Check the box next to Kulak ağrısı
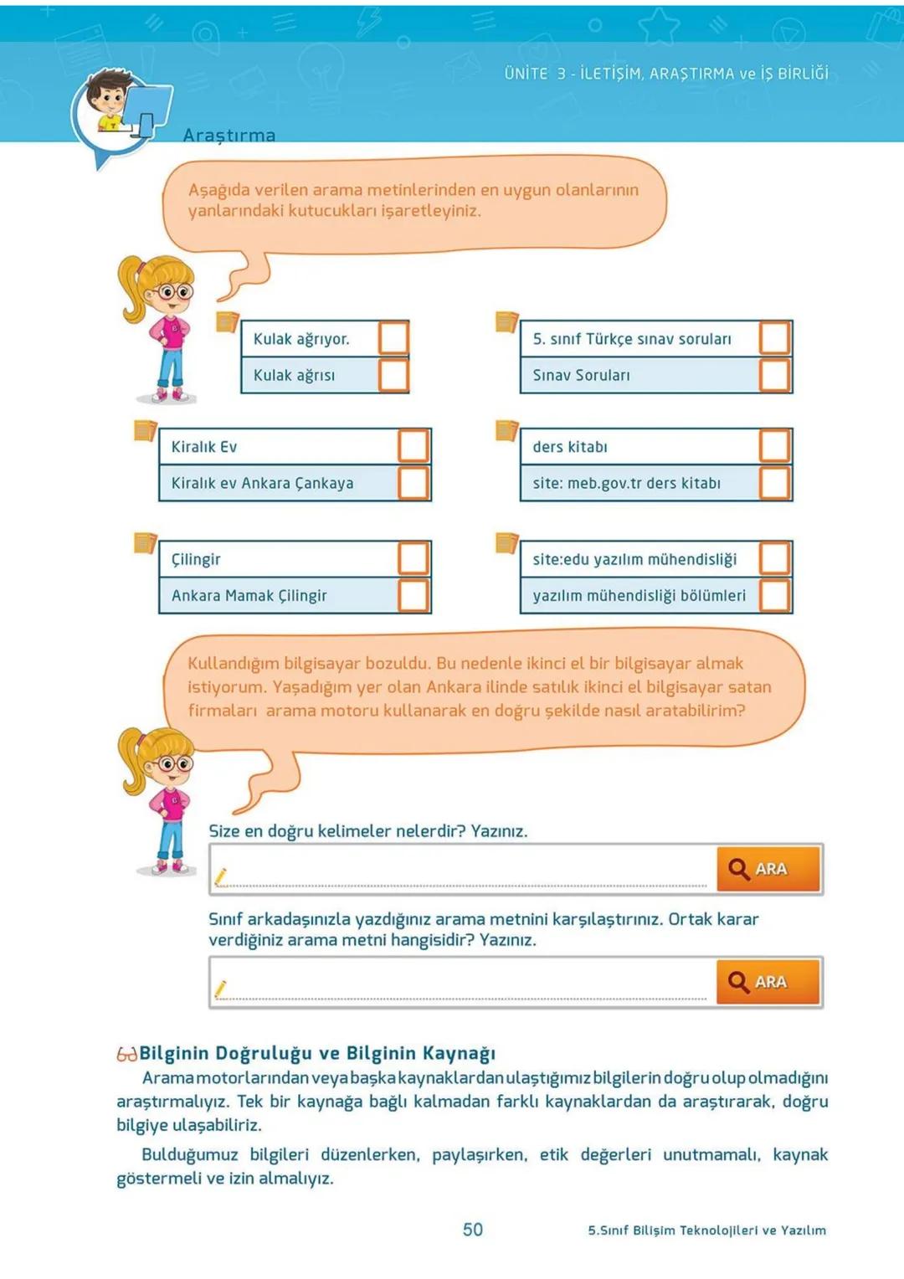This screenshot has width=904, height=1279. click(393, 375)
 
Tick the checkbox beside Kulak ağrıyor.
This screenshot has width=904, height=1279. click(393, 339)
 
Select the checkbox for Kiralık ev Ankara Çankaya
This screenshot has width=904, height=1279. click(413, 483)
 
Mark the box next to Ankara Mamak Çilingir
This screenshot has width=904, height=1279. click(413, 595)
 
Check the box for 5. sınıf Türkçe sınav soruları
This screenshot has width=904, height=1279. click(774, 338)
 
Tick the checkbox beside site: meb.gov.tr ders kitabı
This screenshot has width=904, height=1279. click(774, 483)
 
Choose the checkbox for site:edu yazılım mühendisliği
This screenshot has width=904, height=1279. click(774, 558)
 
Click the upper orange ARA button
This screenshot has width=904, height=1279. click(768, 869)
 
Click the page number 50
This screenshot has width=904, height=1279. click(473, 1229)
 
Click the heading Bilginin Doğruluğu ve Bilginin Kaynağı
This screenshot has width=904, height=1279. click(317, 1053)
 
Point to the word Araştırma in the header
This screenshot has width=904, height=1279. click(229, 136)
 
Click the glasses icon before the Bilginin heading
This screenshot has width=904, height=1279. click(126, 1054)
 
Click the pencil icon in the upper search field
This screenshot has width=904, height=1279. click(221, 876)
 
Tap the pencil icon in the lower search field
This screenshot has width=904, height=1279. click(221, 989)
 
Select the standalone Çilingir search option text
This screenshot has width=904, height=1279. click(196, 559)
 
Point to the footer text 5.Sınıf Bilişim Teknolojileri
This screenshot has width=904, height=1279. click(706, 1230)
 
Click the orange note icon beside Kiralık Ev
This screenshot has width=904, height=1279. click(145, 430)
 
